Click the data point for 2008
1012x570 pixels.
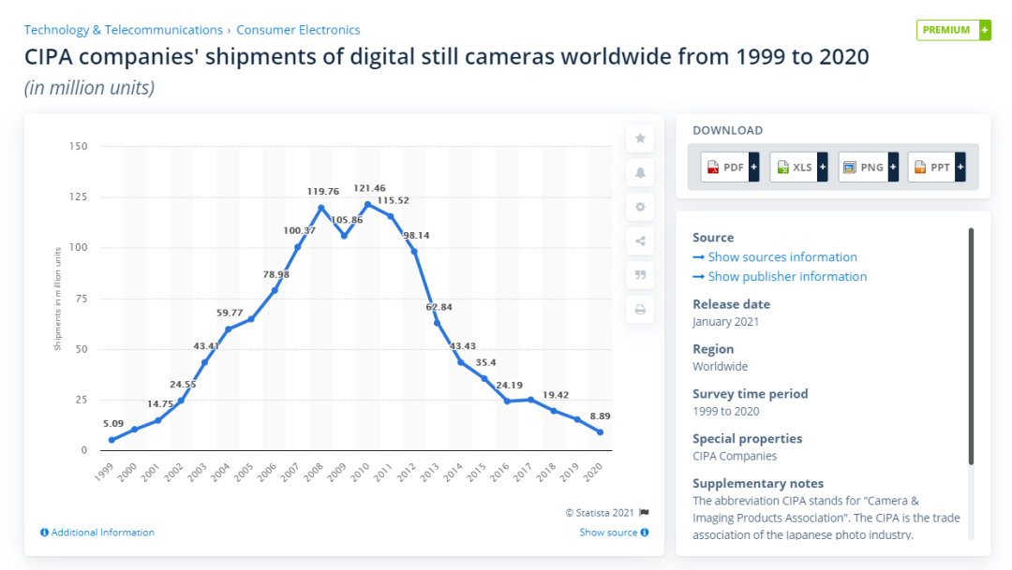[x=321, y=208]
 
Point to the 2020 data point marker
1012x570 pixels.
[x=600, y=432]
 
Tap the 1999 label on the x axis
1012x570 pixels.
[x=106, y=471]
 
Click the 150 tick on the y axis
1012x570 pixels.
[x=78, y=146]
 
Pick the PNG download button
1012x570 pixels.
[x=868, y=168]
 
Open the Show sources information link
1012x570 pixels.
[x=781, y=257]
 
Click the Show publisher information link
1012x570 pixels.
[x=787, y=277]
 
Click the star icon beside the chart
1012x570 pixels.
[x=640, y=139]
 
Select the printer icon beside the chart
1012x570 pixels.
[x=640, y=310]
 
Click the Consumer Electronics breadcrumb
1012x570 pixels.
[x=298, y=30]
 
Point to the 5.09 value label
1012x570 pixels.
[x=112, y=423]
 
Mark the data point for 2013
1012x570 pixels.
[x=438, y=323]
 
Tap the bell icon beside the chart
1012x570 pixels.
[x=640, y=172]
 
